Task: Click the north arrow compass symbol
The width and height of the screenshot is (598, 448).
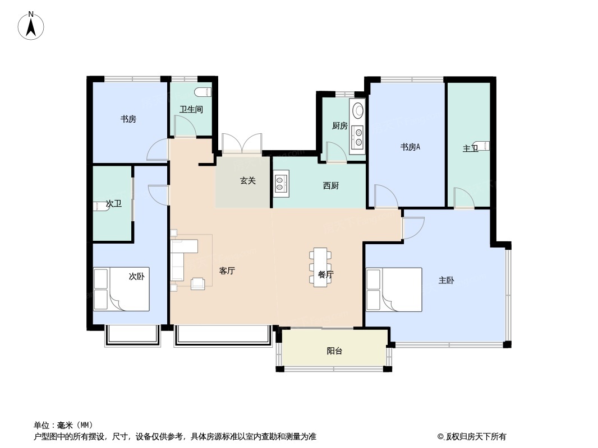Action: tap(31, 26)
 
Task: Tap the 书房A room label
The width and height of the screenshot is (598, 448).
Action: tap(410, 147)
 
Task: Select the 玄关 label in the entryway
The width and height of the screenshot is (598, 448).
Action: tap(247, 180)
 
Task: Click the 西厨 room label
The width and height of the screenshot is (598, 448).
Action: tap(330, 186)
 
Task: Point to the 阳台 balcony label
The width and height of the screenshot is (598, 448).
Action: tap(334, 351)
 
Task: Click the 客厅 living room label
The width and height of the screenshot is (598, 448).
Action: tap(227, 270)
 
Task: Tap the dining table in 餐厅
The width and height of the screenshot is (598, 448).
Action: tap(320, 267)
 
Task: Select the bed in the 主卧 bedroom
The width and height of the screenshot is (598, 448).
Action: tap(394, 290)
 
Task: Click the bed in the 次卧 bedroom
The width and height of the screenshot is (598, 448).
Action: tap(121, 290)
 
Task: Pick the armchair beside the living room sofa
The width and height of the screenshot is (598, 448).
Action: tap(198, 283)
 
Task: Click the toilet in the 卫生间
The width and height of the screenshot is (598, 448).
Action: tap(203, 92)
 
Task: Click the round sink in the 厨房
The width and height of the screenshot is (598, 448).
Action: tap(358, 110)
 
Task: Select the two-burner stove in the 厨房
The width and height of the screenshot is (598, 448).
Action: tap(358, 137)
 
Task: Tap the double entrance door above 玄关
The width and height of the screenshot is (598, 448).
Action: tap(242, 143)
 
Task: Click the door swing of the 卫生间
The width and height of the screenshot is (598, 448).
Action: tap(185, 125)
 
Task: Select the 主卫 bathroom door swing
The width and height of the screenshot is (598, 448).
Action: tap(464, 198)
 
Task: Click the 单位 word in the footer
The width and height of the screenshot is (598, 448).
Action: tap(42, 425)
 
